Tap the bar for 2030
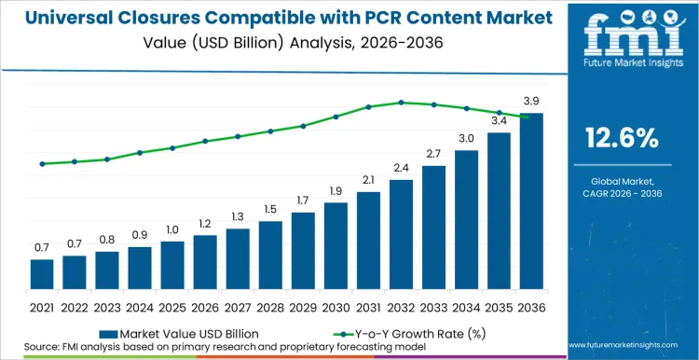[x=336, y=245]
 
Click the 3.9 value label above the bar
[x=531, y=100]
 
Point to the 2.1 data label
[x=368, y=179]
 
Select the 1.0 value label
[x=172, y=229]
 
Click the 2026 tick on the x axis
[x=205, y=306]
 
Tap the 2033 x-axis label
[x=433, y=306]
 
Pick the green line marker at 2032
[x=401, y=103]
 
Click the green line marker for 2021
[x=42, y=164]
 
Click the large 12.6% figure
[x=622, y=138]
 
